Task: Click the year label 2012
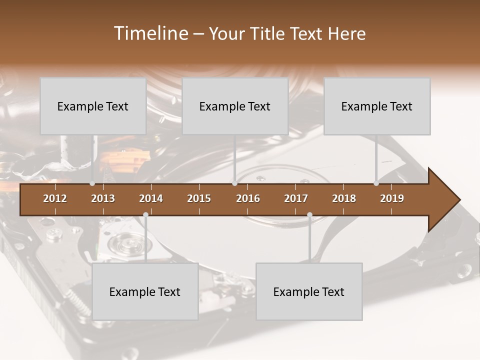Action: [55, 198]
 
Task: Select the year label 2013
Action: [103, 198]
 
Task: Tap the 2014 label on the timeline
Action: [151, 198]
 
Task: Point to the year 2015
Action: [199, 198]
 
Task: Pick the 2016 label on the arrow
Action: [248, 198]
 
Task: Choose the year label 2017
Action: [296, 198]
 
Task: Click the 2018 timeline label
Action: [344, 198]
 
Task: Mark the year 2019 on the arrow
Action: [392, 198]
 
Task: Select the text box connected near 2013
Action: [93, 106]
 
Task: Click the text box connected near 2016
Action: [235, 106]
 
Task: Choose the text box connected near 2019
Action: [377, 106]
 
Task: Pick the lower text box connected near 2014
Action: [145, 291]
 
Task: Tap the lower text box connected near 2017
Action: [309, 291]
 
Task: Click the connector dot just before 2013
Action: [92, 183]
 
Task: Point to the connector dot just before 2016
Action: [234, 183]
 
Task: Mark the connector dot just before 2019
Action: [376, 183]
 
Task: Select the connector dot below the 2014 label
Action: [145, 215]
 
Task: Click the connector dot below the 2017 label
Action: [309, 215]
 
